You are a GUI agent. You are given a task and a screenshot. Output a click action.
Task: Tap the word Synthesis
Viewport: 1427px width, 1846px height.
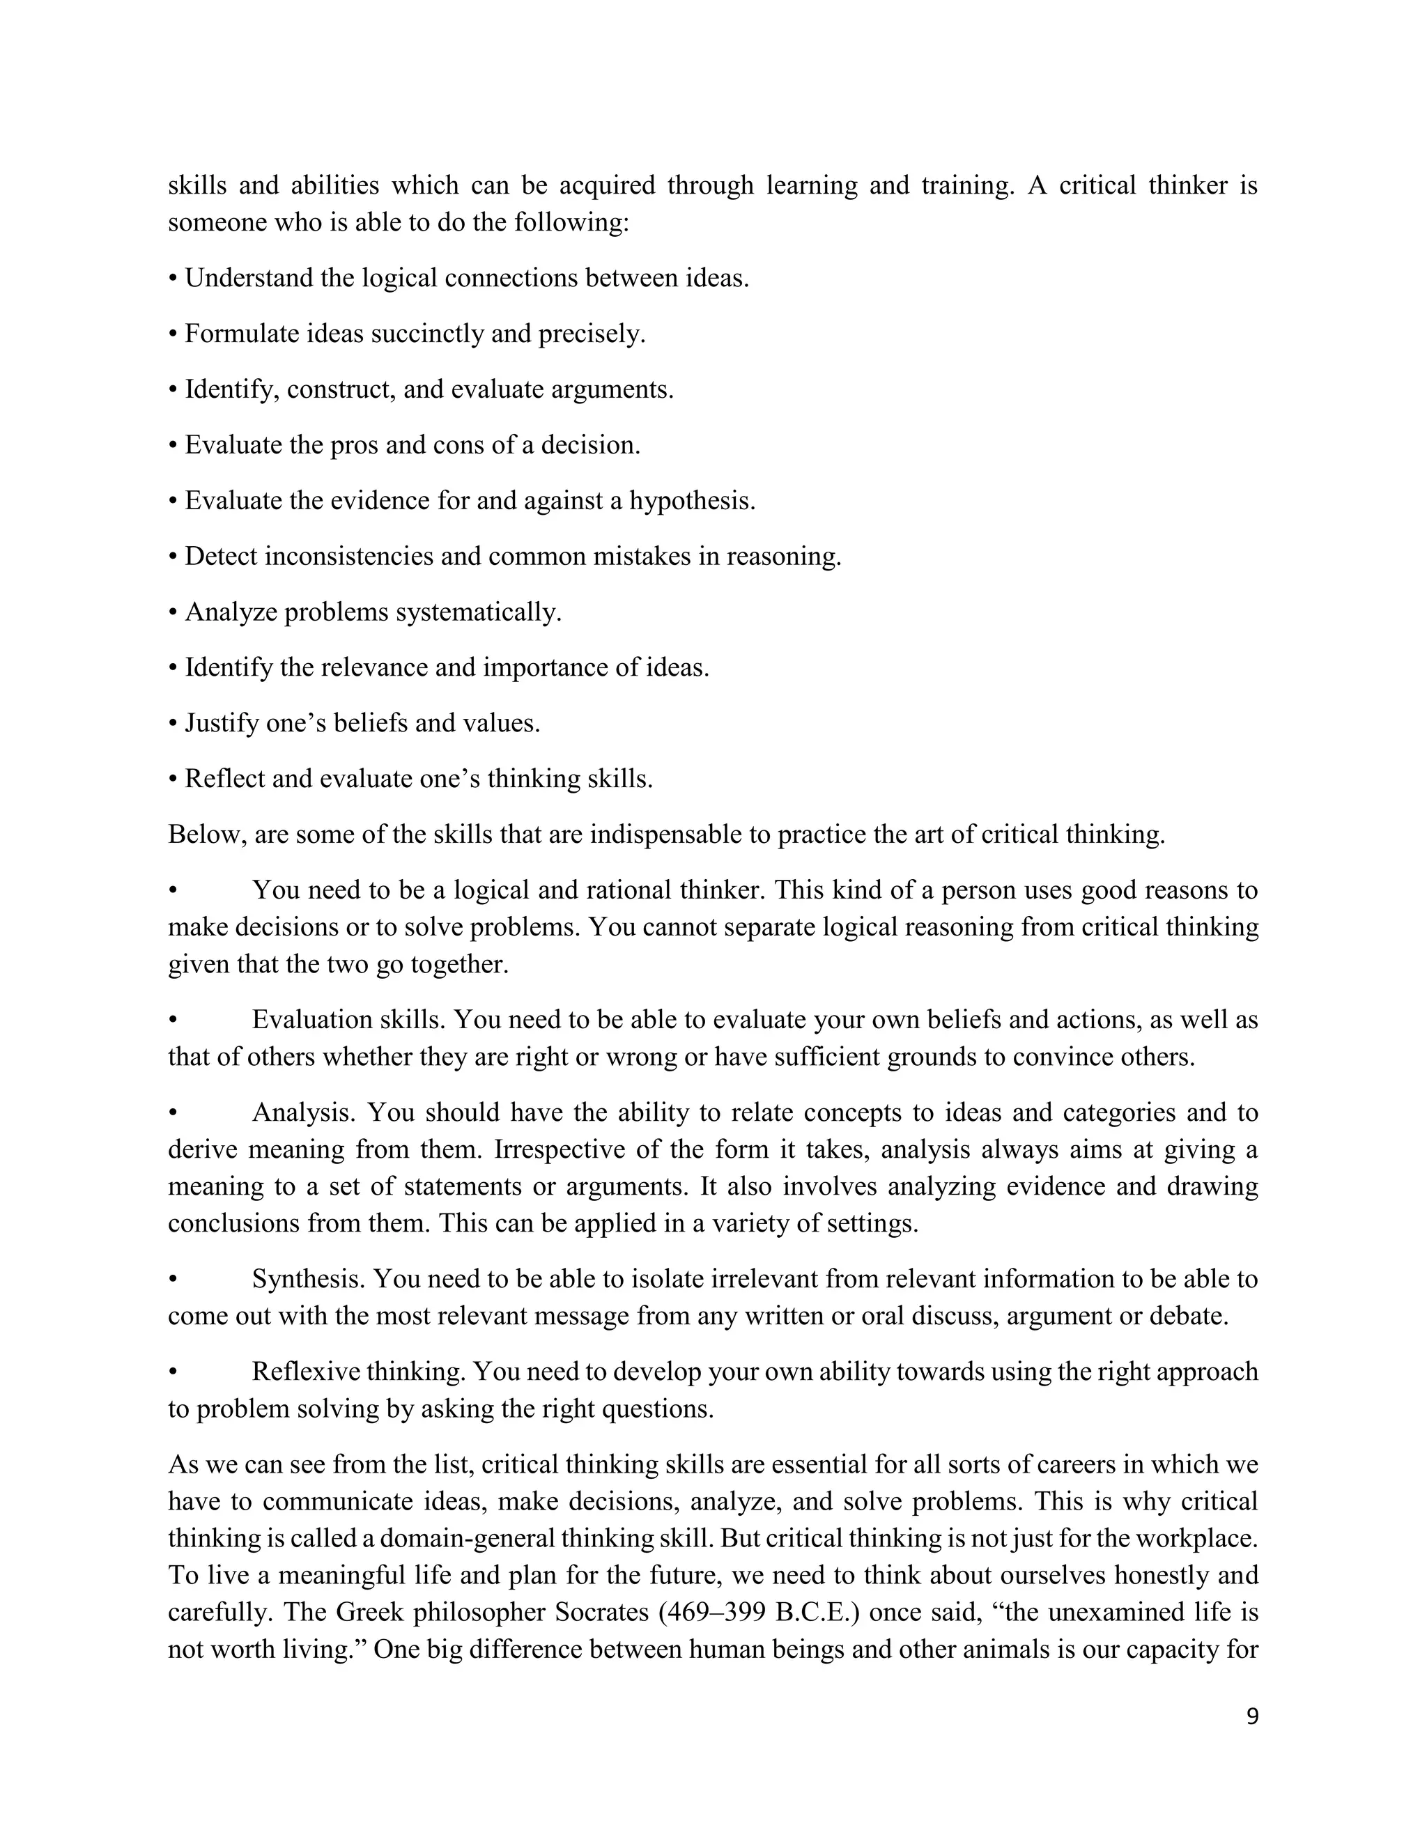point(308,1280)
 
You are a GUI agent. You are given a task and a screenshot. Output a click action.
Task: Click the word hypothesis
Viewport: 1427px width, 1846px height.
point(691,502)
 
